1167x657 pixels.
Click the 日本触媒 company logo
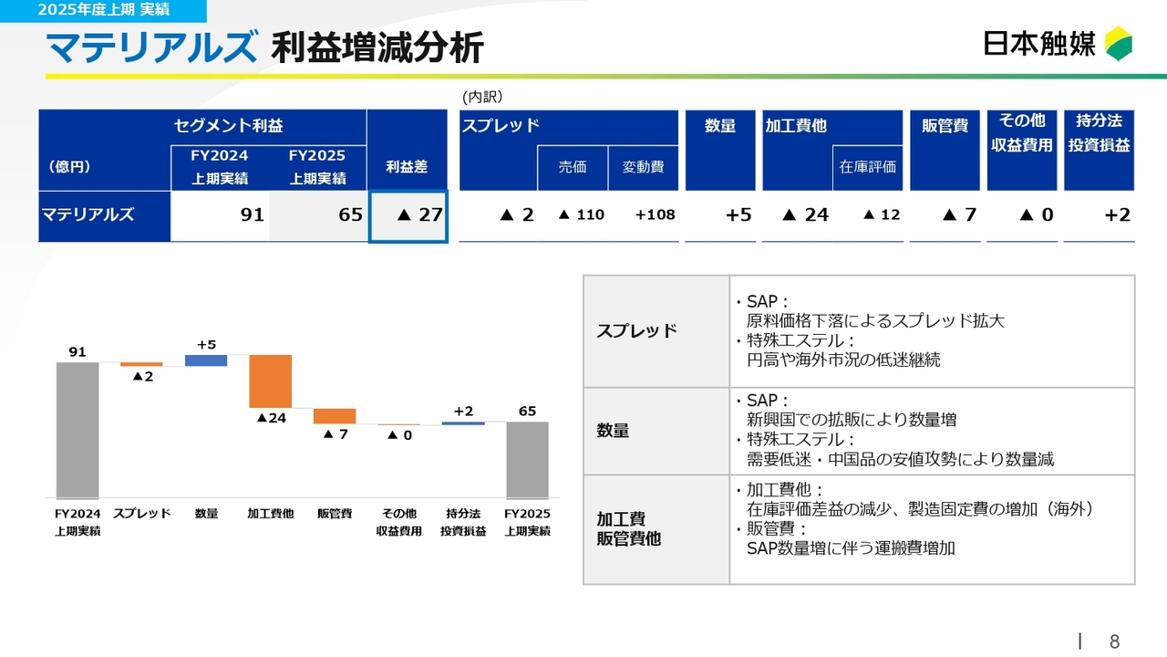point(1058,44)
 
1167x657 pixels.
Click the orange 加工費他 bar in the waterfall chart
point(270,381)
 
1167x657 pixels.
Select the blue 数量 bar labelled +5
point(206,360)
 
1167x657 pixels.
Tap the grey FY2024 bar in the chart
point(77,429)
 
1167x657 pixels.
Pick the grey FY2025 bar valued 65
point(527,459)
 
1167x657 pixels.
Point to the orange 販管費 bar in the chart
point(335,416)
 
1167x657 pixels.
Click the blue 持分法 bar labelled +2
point(463,422)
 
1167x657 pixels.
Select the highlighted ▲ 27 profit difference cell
point(408,216)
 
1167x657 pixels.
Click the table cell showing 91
point(220,216)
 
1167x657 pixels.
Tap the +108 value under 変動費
point(655,215)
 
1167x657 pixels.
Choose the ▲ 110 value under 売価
point(581,215)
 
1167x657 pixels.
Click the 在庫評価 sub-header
point(868,167)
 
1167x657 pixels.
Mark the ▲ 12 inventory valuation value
point(881,215)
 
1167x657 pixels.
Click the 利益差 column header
point(407,167)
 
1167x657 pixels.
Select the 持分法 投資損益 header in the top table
point(1099,133)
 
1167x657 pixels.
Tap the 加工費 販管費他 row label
point(629,529)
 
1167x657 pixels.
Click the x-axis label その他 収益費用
point(398,522)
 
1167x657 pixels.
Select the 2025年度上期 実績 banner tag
point(104,10)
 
